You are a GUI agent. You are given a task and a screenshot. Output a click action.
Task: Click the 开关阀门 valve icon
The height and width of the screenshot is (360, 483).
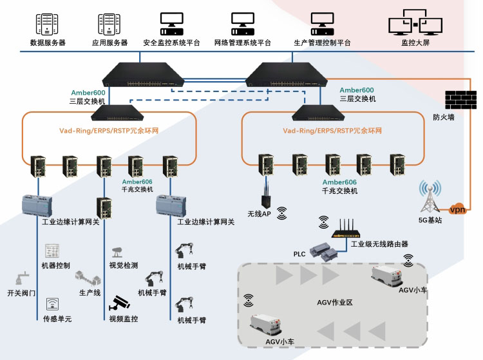(20, 279)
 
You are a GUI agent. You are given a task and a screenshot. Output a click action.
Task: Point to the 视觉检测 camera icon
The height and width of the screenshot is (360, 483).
(118, 251)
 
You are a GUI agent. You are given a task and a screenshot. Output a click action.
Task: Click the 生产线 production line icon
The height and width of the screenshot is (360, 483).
(88, 278)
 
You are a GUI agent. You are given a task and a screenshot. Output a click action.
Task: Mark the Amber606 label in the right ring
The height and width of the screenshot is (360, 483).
(339, 182)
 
